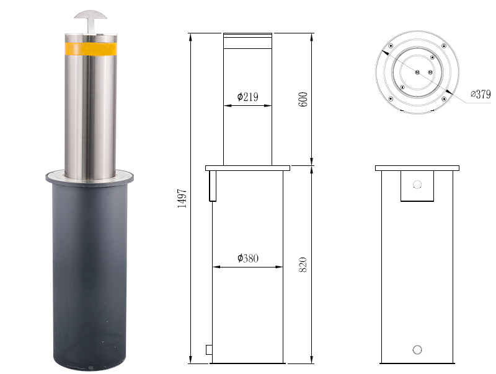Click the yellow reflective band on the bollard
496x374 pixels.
(91, 49)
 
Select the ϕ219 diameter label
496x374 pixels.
(247, 97)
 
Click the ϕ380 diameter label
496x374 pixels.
(247, 258)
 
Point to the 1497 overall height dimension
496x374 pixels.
(182, 198)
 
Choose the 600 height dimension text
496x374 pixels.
(303, 100)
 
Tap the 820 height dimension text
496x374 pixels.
(303, 264)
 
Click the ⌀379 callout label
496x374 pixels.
(480, 94)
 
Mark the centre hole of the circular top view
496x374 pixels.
(417, 72)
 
